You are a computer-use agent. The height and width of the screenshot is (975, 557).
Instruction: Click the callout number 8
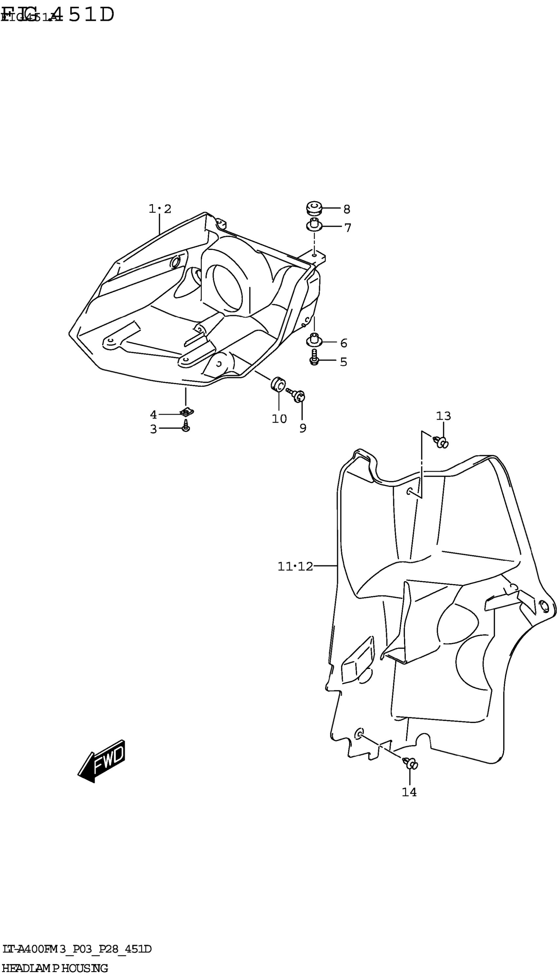click(x=347, y=209)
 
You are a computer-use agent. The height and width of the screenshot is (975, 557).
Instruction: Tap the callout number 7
click(x=347, y=228)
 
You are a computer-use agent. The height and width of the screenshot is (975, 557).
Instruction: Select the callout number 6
click(x=343, y=343)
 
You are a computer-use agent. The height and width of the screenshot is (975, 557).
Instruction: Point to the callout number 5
click(x=343, y=362)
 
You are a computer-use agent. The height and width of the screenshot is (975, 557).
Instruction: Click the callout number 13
click(x=443, y=416)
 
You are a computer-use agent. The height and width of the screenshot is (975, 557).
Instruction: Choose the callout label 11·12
click(x=295, y=566)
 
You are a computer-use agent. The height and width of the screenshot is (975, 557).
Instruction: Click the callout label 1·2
click(x=160, y=209)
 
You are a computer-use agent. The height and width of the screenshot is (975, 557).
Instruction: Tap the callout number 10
click(x=279, y=419)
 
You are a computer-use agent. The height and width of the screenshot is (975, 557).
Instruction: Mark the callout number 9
click(x=303, y=429)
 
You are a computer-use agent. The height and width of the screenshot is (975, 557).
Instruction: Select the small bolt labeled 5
click(x=315, y=358)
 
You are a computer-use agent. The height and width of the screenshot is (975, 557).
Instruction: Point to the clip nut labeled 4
click(x=186, y=412)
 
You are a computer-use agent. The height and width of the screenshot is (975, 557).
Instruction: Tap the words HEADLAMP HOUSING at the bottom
click(x=55, y=968)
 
